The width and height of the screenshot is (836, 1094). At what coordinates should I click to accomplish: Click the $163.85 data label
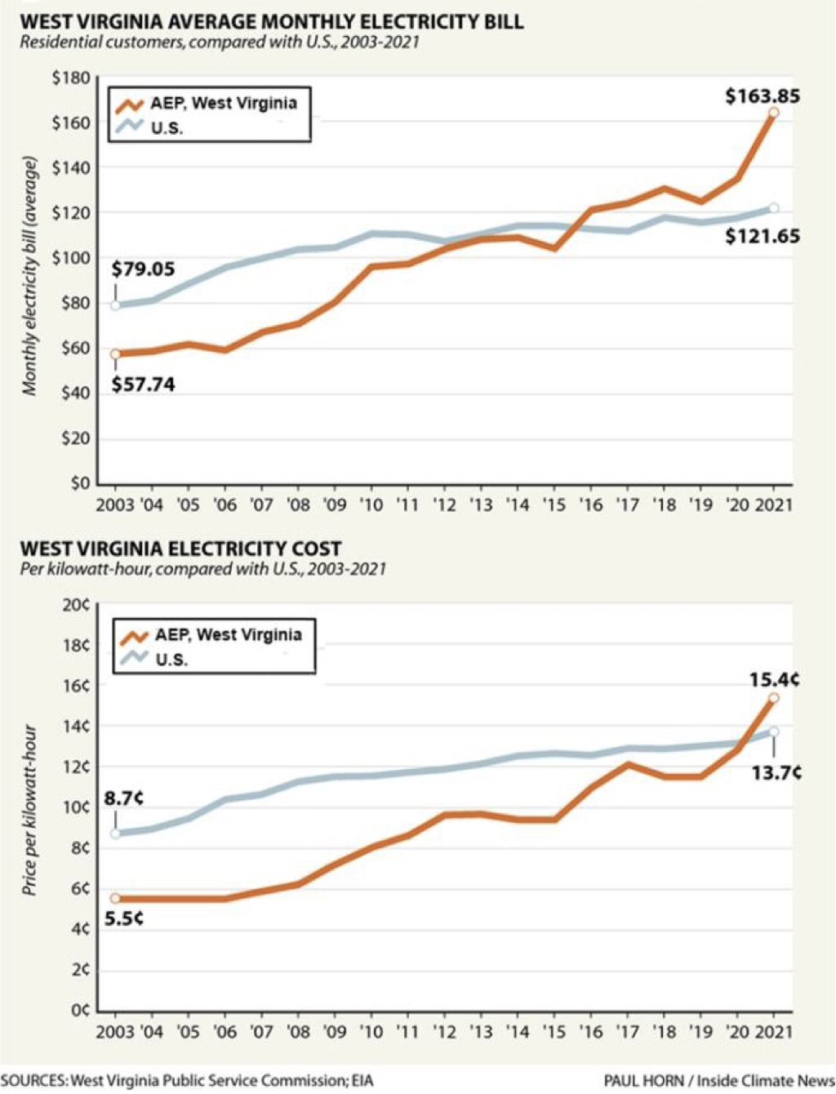click(x=763, y=96)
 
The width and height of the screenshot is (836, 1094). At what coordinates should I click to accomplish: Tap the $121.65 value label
click(x=763, y=237)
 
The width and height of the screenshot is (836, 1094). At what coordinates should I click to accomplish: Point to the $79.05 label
click(x=143, y=269)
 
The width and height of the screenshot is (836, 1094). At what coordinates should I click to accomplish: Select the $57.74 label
click(x=143, y=385)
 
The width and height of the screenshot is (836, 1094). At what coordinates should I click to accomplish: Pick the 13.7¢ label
click(x=776, y=772)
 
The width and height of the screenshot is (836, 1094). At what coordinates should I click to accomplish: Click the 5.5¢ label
click(x=124, y=918)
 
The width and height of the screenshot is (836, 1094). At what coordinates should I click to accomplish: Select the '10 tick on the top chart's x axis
click(x=371, y=505)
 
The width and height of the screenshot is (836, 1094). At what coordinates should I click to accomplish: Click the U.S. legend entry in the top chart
click(x=167, y=128)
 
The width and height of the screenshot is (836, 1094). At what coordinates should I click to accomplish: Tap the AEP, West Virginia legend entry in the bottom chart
click(x=228, y=635)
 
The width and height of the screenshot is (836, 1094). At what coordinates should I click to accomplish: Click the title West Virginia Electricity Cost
click(x=180, y=549)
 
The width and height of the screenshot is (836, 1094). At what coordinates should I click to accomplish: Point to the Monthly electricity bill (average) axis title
click(x=30, y=277)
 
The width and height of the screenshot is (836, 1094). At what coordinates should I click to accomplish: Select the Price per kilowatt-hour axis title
click(x=30, y=809)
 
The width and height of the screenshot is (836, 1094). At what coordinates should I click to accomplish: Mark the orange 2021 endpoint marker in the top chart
click(x=773, y=113)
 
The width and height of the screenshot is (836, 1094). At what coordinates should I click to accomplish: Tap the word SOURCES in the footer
click(x=33, y=1081)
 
